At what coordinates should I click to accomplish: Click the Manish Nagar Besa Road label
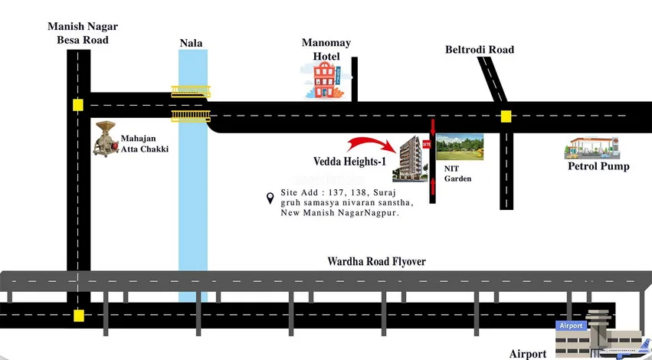(x=82, y=33)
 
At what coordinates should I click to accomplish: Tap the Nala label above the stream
(x=191, y=43)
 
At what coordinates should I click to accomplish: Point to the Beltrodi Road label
(x=480, y=50)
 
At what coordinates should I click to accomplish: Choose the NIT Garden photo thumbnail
(x=460, y=146)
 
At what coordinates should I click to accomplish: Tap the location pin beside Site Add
(x=270, y=198)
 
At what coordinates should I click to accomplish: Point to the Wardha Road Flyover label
(x=376, y=262)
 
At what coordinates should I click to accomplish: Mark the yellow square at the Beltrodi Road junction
(x=506, y=116)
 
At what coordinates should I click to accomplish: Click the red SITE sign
(x=428, y=143)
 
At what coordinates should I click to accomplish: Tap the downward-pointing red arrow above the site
(x=433, y=126)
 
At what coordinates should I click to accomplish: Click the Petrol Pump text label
(x=598, y=165)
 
